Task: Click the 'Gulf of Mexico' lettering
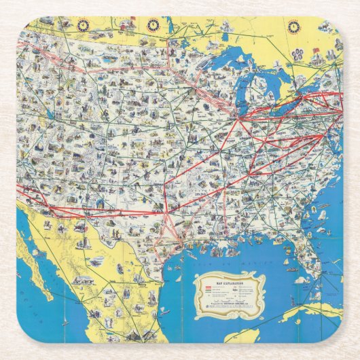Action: (x=224, y=259)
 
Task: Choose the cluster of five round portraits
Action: (x=299, y=55)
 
